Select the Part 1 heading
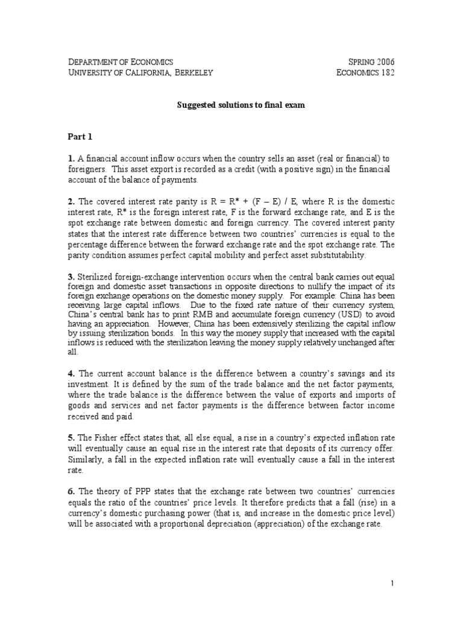point(81,137)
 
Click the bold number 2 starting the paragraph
point(71,201)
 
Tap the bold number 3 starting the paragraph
point(71,277)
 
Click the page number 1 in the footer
point(392,583)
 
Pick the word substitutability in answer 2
point(330,255)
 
